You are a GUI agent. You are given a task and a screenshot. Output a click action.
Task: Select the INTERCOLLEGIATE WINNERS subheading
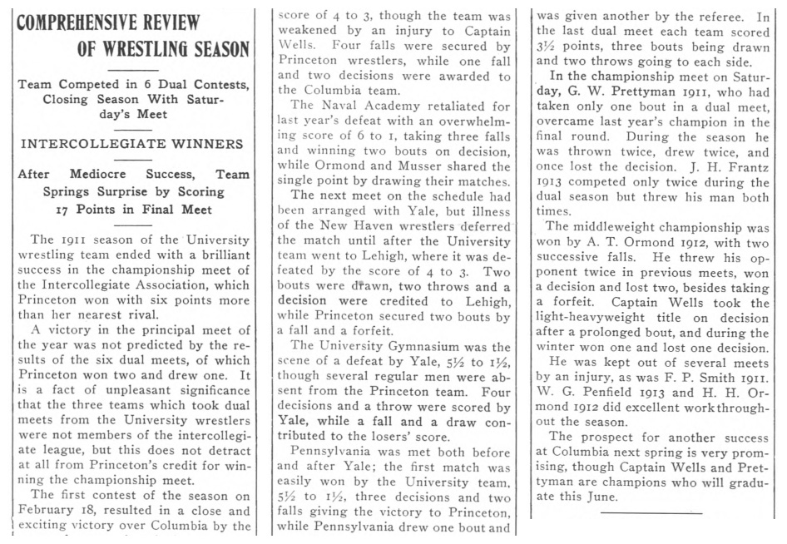click(131, 143)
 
